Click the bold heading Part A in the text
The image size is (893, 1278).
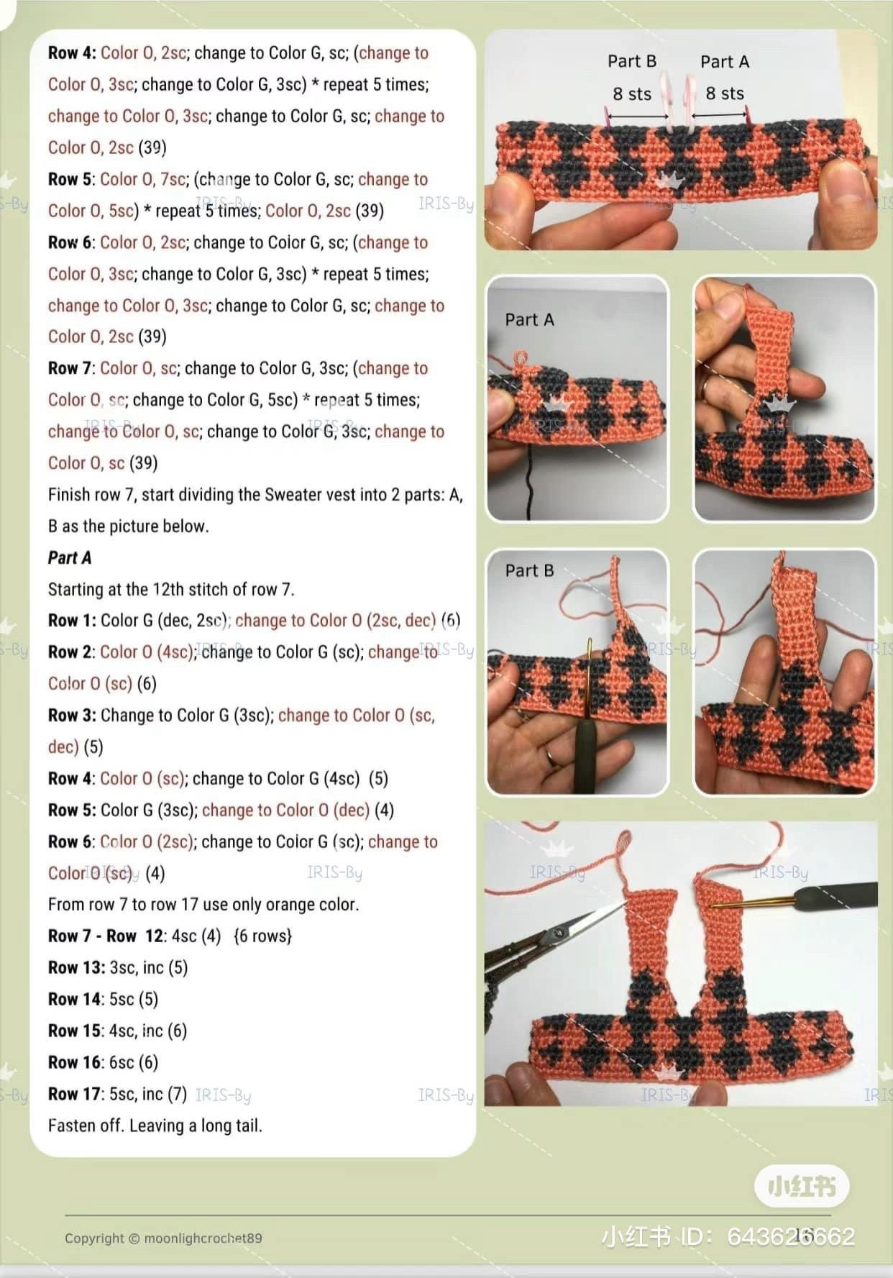click(69, 557)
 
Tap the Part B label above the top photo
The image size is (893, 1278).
click(631, 61)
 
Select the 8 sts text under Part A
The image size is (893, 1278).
click(724, 93)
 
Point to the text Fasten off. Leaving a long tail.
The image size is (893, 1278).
click(155, 1126)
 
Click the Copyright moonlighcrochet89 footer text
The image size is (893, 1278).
click(163, 1238)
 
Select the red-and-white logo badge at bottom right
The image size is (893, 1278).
click(801, 1186)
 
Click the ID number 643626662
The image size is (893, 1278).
click(791, 1236)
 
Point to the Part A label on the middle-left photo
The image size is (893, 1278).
click(529, 320)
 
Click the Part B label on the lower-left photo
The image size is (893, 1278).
click(529, 571)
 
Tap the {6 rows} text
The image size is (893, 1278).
click(262, 936)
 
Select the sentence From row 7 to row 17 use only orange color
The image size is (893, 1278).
click(203, 905)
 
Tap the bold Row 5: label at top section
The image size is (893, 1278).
click(71, 179)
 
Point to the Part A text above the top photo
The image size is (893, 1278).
click(724, 62)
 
